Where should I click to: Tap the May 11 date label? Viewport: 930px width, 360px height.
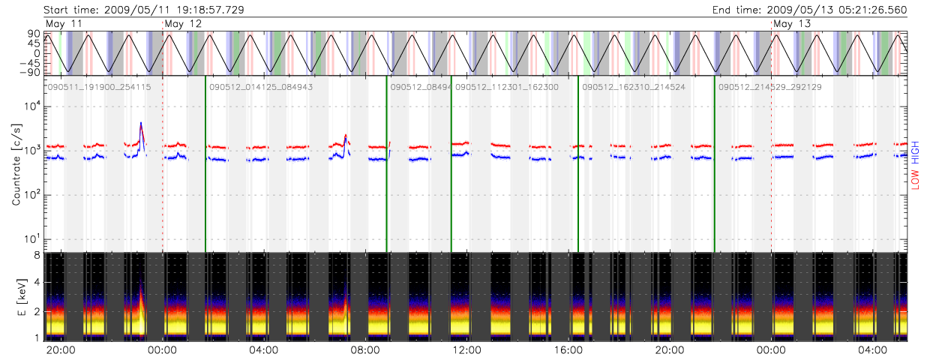coord(64,25)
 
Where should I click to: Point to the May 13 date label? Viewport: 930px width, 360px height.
coord(792,25)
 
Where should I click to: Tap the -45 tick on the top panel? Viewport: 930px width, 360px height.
coord(31,62)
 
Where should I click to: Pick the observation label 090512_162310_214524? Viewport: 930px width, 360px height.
coord(633,88)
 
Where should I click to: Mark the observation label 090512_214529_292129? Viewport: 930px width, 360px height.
coord(769,88)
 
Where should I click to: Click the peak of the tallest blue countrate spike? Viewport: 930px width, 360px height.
coord(141,123)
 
